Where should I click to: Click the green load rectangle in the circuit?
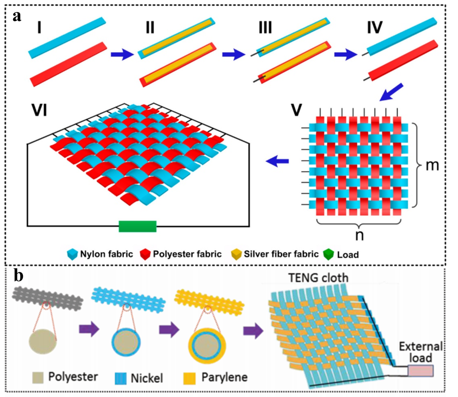pos(137,226)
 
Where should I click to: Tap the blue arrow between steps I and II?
pos(120,54)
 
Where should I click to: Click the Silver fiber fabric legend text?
pos(273,254)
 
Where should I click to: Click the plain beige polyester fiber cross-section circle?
pos(42,341)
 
